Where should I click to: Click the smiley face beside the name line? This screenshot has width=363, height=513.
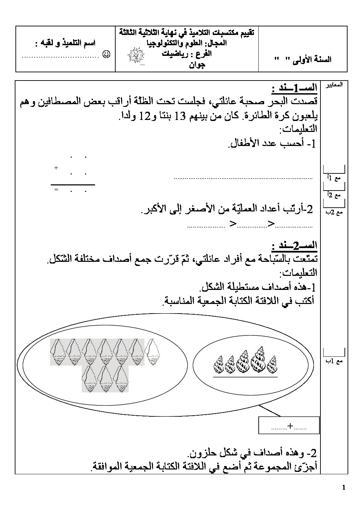pyautogui.click(x=107, y=54)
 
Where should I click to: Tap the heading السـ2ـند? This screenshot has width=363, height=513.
pyautogui.click(x=294, y=246)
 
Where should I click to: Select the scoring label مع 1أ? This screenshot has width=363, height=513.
pyautogui.click(x=334, y=178)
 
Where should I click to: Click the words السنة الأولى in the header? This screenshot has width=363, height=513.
pyautogui.click(x=314, y=59)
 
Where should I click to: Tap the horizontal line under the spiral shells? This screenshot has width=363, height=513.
pyautogui.click(x=245, y=378)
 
